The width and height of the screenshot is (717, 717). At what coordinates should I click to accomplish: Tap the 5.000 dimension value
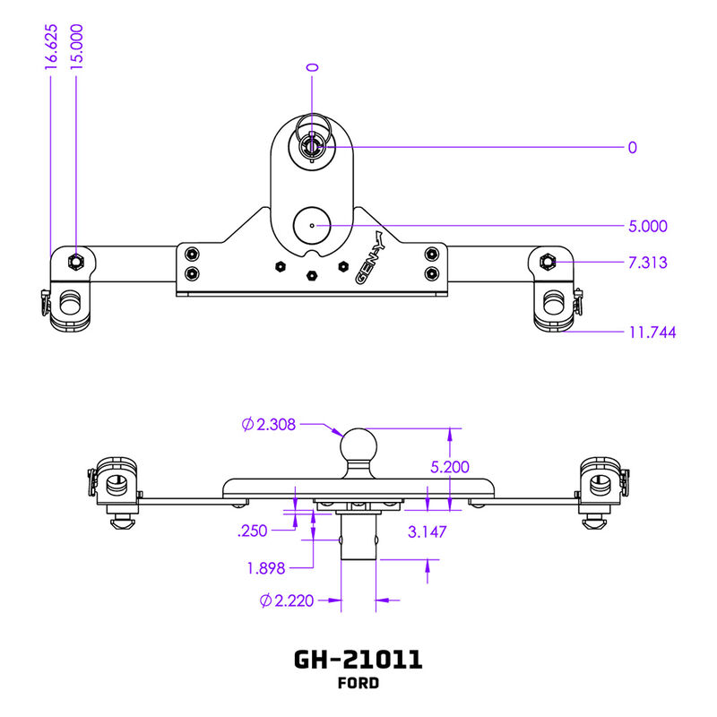pos(648,226)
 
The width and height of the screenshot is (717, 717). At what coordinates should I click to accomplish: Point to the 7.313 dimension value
pos(648,263)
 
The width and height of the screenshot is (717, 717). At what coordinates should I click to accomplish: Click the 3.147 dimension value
pos(428,531)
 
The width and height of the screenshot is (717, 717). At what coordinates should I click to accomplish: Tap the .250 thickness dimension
pos(254,531)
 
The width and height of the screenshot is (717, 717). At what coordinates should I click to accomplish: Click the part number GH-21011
pos(358,660)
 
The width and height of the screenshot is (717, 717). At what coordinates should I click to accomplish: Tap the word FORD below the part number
pos(358,684)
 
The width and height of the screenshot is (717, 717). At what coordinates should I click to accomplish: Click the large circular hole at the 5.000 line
pos(312,226)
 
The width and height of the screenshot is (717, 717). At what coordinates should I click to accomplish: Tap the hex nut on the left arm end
pos(76,262)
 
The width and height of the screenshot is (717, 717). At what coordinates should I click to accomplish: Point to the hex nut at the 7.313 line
pos(548,262)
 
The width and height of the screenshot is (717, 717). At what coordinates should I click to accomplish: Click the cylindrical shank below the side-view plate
pos(358,538)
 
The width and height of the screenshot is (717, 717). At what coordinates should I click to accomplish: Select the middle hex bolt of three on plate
pos(312,275)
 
